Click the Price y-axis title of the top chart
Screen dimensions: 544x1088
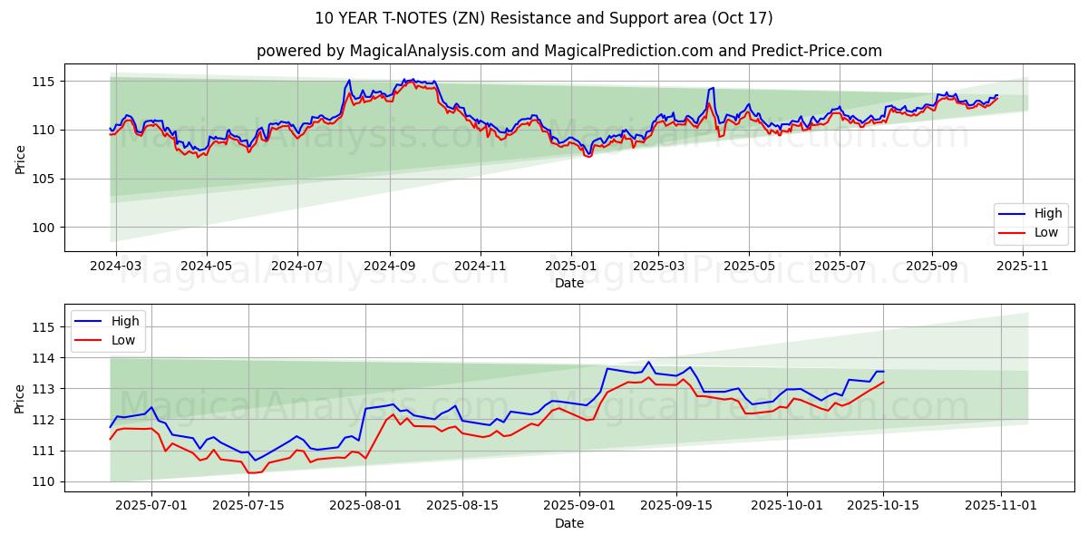(20, 158)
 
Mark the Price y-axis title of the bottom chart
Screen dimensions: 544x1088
(20, 398)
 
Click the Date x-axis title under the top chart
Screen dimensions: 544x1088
(569, 283)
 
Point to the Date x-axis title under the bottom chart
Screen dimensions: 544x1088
(569, 523)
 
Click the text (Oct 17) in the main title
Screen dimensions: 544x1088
(742, 18)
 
